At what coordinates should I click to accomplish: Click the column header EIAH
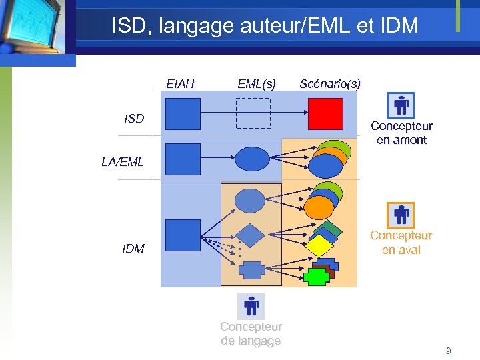coord(180,84)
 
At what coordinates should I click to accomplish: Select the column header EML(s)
coord(257,84)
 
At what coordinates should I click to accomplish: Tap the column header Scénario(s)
coord(330,84)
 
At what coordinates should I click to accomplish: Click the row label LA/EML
coord(122,161)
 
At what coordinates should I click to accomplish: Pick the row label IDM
coord(133,249)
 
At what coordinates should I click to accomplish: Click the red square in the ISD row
coord(325,114)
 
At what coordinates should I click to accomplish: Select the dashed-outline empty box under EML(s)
coord(253,113)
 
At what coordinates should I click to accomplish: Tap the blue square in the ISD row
coord(183,114)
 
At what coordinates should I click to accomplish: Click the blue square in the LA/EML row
coord(183,159)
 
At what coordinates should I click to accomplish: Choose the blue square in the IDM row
coord(183,235)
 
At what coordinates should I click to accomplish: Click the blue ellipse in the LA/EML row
coord(251,159)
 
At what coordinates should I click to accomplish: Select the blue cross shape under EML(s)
coord(251,270)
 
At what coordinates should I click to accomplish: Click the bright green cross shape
coord(315,277)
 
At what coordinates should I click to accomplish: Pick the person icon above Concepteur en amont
coord(401,105)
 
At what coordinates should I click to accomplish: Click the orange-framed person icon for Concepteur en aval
coord(401,215)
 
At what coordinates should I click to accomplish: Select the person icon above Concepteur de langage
coord(251,306)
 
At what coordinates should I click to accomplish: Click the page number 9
coord(448,350)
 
